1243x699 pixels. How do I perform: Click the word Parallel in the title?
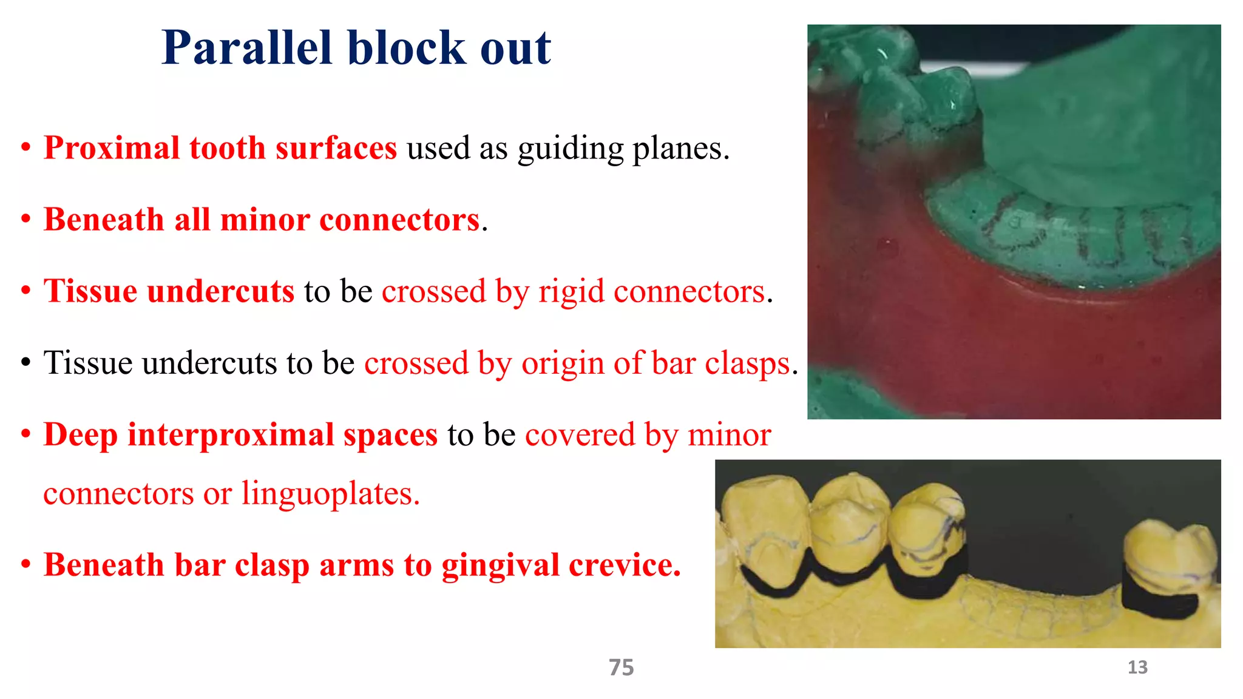[246, 49]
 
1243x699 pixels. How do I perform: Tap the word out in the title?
[515, 49]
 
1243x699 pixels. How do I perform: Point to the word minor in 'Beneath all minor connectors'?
[264, 220]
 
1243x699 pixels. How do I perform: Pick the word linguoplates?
[330, 493]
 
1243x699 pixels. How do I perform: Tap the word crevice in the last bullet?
[625, 565]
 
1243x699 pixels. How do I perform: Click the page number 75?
[621, 667]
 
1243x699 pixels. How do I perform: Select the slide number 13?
[1137, 667]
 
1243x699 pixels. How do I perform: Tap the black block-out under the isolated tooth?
[1156, 601]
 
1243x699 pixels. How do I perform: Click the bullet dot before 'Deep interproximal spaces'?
[25, 435]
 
